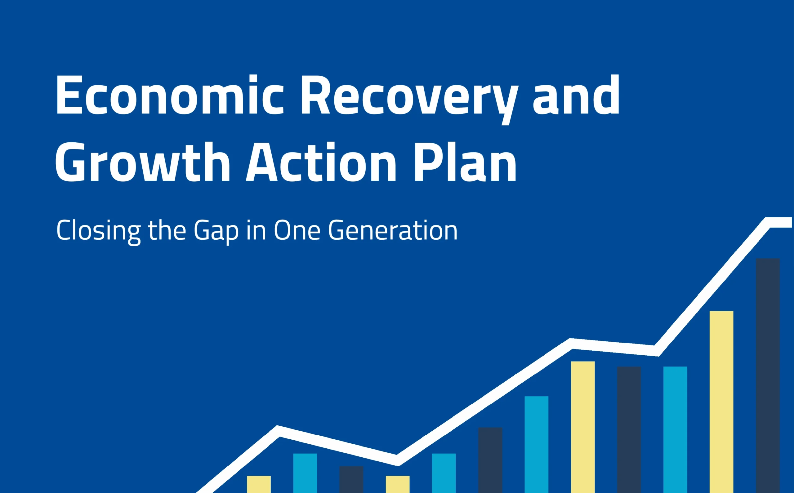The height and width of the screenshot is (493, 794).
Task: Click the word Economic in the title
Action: [170, 95]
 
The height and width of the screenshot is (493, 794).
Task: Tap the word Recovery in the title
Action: [409, 100]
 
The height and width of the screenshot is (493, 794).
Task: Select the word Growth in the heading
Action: [143, 162]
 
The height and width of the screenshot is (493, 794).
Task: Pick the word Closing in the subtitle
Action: [99, 232]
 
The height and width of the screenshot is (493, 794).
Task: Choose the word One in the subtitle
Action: [297, 230]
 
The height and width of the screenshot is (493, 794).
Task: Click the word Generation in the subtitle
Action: [393, 230]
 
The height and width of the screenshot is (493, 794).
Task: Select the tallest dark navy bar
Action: [768, 375]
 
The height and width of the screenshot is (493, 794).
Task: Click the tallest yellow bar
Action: [721, 402]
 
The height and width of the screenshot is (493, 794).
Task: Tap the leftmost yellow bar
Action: [259, 485]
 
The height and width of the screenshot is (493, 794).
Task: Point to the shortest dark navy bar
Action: [351, 480]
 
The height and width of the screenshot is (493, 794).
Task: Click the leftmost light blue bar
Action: [305, 473]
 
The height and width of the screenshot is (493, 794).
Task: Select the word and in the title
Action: [576, 95]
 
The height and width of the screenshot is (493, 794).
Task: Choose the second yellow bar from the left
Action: [398, 485]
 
